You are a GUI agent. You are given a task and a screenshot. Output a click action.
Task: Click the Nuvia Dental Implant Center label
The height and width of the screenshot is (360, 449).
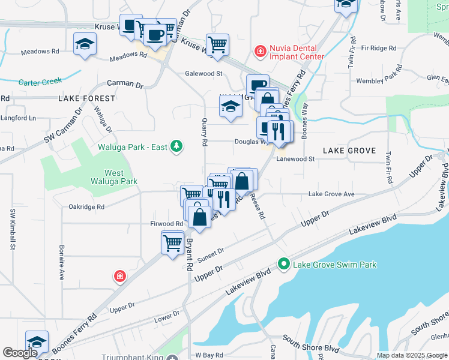(x=297, y=52)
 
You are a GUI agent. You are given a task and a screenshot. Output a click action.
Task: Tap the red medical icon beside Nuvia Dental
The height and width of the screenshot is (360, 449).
(x=260, y=51)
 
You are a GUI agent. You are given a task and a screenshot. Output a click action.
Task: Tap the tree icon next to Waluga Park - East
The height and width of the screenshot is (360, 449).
(x=176, y=146)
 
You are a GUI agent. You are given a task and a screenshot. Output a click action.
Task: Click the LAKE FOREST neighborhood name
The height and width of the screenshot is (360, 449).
(x=86, y=98)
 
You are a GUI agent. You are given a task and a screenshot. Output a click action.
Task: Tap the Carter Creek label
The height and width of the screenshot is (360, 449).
(x=41, y=82)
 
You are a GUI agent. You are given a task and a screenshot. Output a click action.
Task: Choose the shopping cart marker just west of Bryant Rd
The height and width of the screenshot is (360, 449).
(x=172, y=243)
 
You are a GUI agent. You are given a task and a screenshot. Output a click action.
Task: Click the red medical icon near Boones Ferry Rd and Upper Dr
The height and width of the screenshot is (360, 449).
(x=120, y=276)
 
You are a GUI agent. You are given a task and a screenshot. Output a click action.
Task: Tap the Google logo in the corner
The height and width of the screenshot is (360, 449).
(x=20, y=353)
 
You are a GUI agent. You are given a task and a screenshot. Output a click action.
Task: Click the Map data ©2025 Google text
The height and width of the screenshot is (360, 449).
(x=412, y=355)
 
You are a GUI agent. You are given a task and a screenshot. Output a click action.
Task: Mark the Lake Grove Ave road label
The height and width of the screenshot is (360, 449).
(x=331, y=194)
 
